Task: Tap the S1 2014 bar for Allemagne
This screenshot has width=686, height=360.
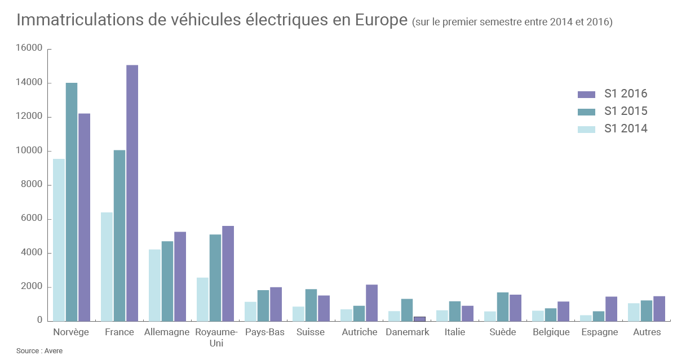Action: pos(154,285)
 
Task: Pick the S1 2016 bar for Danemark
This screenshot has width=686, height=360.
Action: pos(419,318)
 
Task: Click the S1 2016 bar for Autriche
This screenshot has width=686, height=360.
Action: pos(371,303)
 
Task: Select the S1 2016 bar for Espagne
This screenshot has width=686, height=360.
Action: pos(611,308)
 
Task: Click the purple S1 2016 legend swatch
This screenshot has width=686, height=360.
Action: pos(586,95)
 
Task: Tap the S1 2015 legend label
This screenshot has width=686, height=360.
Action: pos(626,111)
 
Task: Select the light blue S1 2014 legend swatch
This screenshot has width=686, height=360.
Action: pos(586,129)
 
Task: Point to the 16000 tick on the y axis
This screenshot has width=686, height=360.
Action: pos(30,48)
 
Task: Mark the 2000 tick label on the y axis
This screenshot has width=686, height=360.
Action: pos(33,287)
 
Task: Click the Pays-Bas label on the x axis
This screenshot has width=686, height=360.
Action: pos(264,332)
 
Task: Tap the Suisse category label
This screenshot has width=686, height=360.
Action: pos(311,332)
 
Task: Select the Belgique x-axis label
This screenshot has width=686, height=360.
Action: pos(551,332)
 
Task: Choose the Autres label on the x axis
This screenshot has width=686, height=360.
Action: pos(647,332)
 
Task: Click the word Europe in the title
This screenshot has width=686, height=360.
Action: pos(381,20)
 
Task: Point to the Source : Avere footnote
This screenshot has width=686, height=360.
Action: pos(39,351)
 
